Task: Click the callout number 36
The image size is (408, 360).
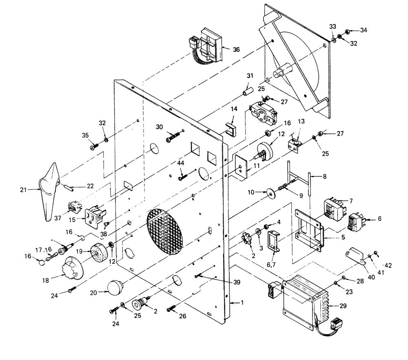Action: pos(236,49)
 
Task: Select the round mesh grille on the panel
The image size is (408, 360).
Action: pos(165,232)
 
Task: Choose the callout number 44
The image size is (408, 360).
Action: pos(180,163)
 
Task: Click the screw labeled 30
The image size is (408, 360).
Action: pos(174,138)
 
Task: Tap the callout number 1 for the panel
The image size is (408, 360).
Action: pos(242,303)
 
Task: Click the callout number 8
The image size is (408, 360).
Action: pos(324,177)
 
